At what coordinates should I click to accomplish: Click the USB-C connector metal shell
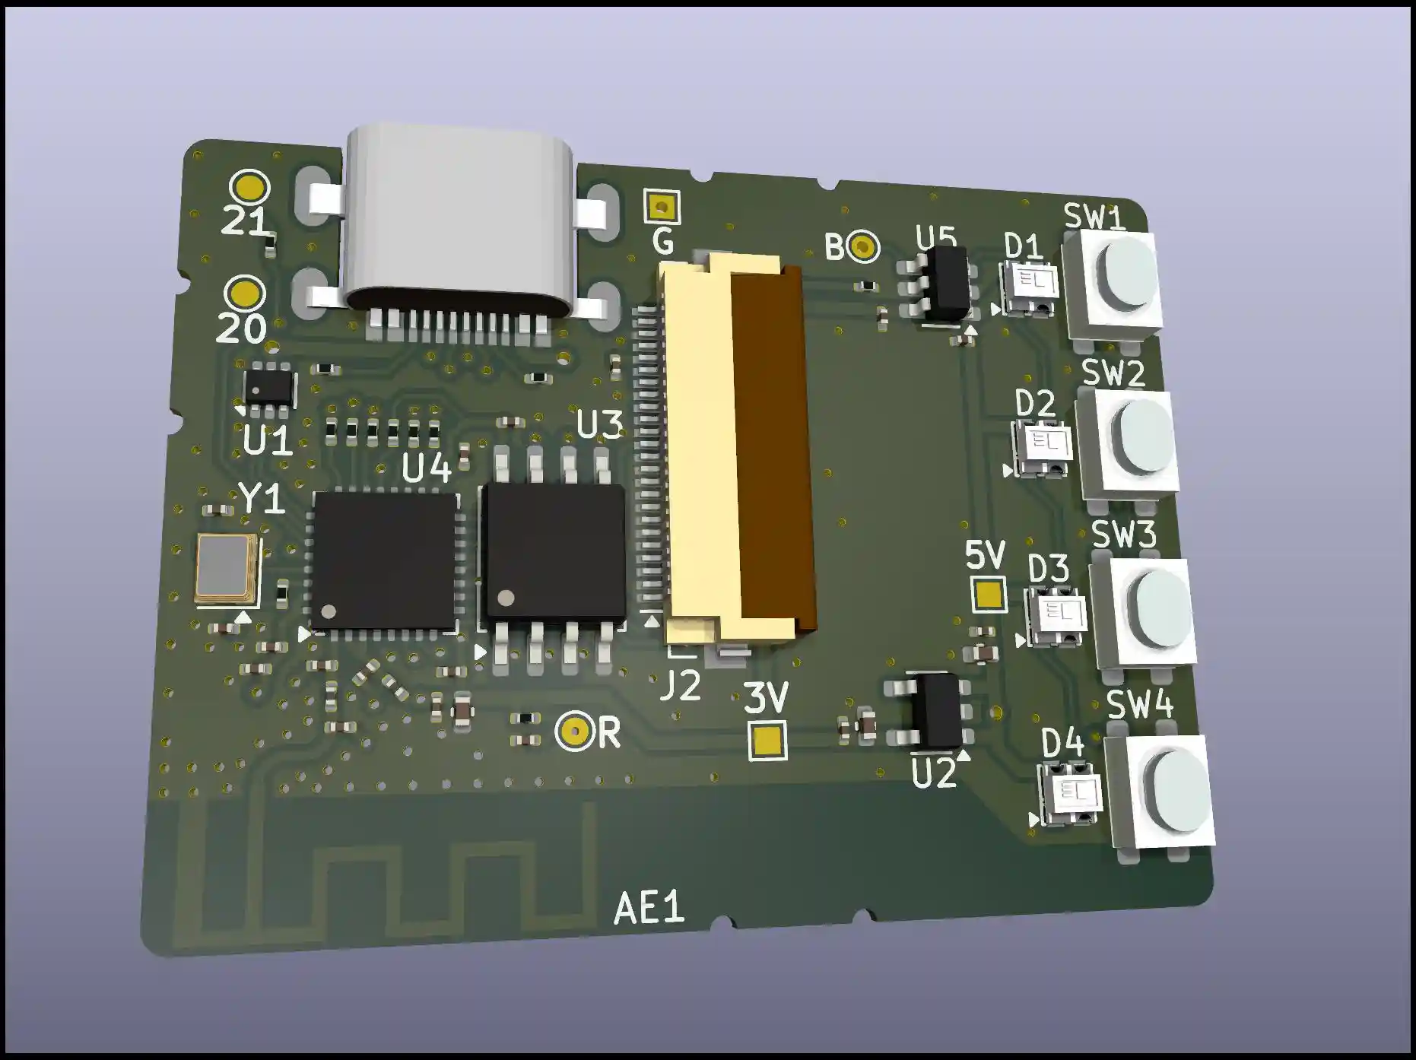coord(459,221)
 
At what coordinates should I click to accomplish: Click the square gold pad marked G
coord(662,206)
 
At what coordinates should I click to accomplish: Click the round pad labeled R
coord(574,732)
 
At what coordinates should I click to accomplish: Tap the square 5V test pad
coord(989,594)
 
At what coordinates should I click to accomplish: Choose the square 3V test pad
coord(767,741)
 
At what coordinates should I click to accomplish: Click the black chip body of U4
coord(385,560)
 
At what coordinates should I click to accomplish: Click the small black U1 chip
coord(268,386)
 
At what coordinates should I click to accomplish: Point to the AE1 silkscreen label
coord(648,908)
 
